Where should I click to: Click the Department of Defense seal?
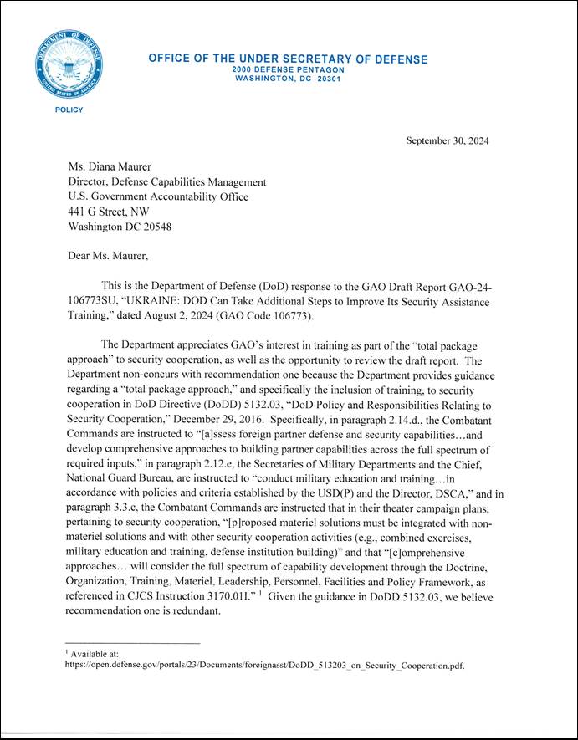(69, 64)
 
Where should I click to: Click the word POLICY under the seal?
(69, 110)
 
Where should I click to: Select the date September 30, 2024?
(448, 140)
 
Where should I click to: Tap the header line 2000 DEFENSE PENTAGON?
(288, 70)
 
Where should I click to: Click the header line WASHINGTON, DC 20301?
(288, 79)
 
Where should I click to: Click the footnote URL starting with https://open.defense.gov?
(264, 666)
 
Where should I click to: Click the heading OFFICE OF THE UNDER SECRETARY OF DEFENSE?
(288, 59)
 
